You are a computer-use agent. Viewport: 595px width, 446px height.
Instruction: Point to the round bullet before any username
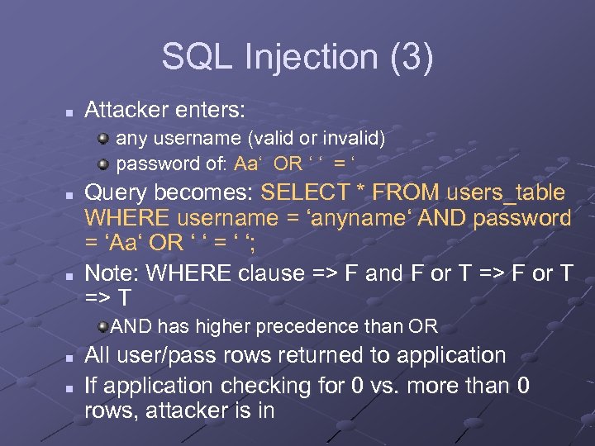click(x=103, y=136)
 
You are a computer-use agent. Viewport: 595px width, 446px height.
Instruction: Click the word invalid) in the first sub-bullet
click(x=354, y=136)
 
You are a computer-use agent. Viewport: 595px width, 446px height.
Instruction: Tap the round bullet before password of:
click(x=103, y=162)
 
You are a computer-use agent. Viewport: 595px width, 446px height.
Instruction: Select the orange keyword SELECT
click(x=304, y=193)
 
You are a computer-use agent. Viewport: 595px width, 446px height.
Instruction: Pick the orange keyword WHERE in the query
click(x=126, y=219)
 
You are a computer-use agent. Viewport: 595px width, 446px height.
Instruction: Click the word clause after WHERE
click(x=266, y=273)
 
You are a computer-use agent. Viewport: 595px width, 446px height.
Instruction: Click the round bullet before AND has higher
click(x=102, y=327)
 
